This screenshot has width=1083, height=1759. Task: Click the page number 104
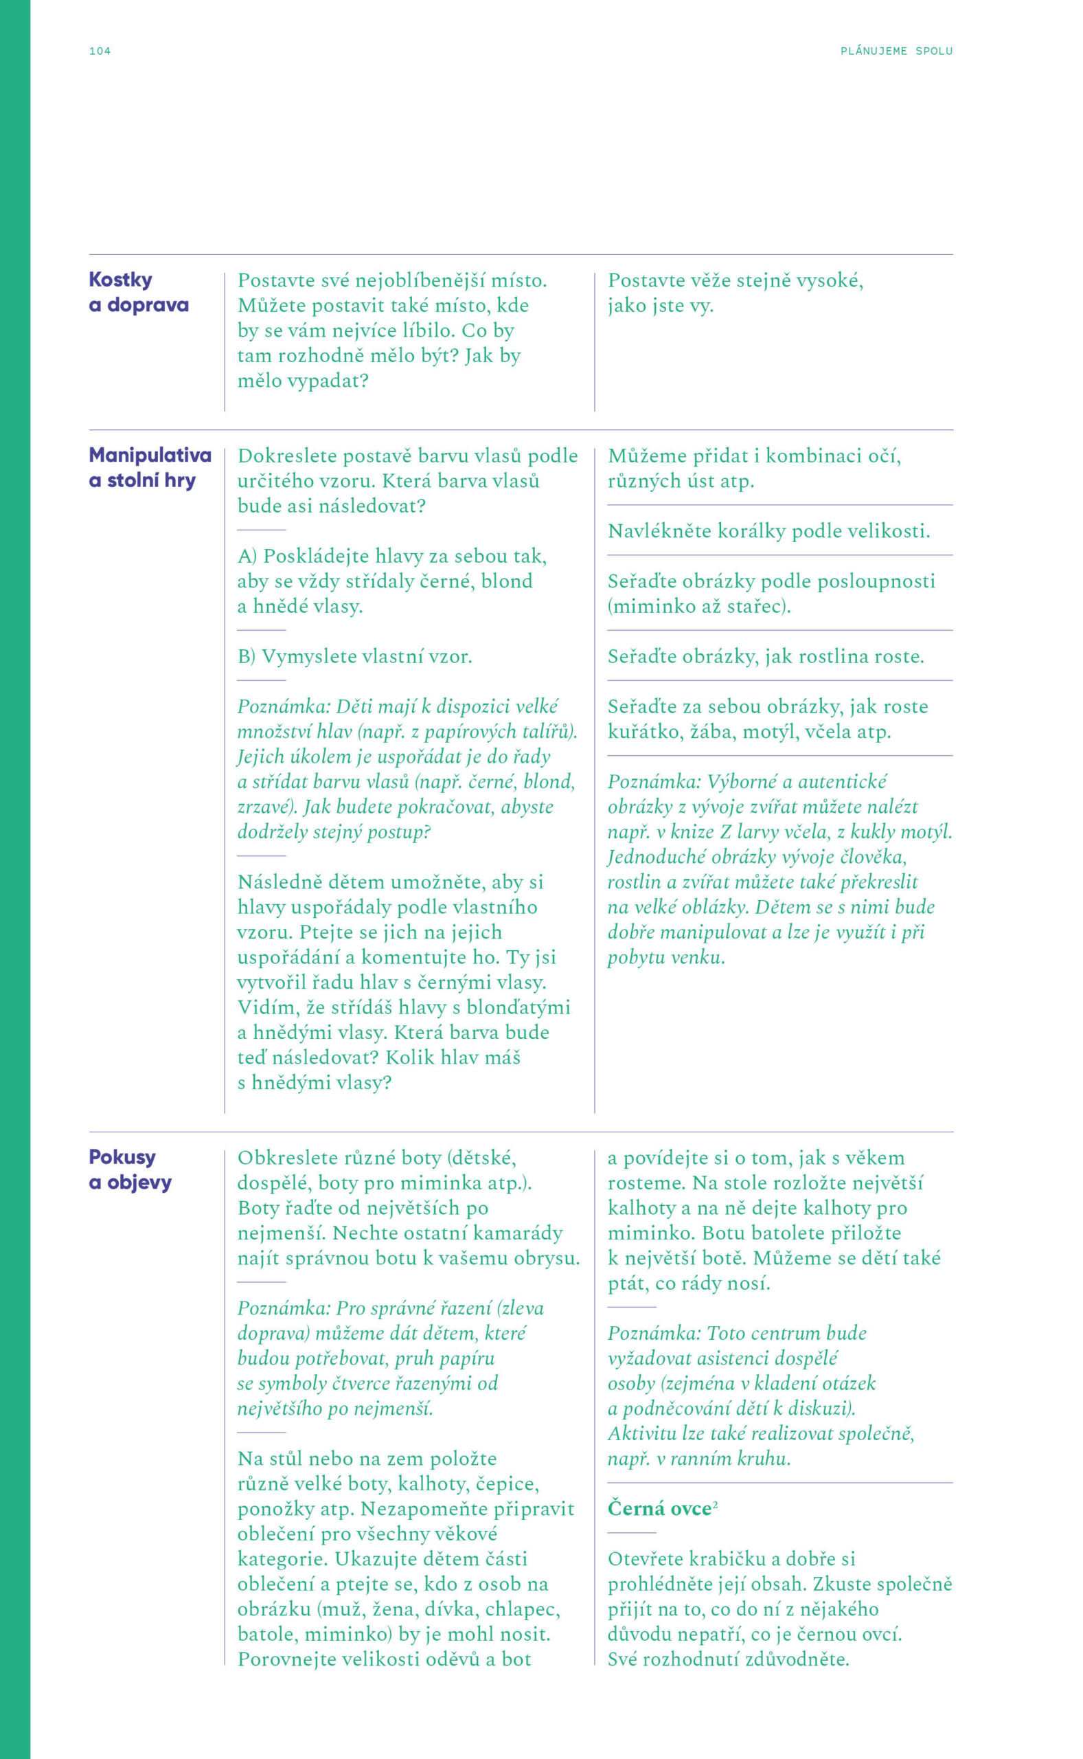coord(100,51)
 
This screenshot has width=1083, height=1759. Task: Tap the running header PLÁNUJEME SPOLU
coord(896,51)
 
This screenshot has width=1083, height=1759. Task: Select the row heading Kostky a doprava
coord(138,292)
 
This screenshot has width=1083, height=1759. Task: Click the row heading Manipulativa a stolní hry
coord(150,467)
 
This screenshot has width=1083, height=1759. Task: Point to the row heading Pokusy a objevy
coord(130,1169)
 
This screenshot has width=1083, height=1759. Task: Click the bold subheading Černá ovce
coord(659,1508)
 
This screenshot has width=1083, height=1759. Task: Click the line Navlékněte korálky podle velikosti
coord(768,531)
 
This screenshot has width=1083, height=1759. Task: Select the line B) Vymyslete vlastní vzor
coord(354,656)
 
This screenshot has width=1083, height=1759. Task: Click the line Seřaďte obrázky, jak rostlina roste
coord(766,656)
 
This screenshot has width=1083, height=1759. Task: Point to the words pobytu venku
coord(666,957)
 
